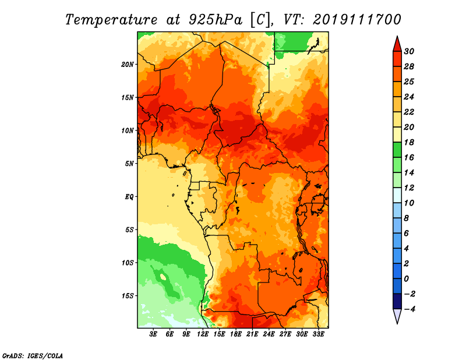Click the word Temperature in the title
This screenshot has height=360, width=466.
111,20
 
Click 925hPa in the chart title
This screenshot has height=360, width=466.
216,20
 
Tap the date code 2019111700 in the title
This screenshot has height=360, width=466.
357,19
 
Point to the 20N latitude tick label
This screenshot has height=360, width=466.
127,64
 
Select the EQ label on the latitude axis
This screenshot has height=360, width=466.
129,197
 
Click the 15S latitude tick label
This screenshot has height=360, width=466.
127,295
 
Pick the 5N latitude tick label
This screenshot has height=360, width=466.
129,164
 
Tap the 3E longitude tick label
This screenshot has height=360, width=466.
153,334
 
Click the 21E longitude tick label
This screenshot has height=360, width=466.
252,334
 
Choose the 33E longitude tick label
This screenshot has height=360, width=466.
318,334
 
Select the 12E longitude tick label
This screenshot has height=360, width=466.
202,334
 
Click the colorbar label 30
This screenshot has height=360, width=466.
409,51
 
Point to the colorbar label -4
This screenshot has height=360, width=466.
409,309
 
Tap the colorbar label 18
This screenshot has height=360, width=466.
409,142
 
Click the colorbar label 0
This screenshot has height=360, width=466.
406,279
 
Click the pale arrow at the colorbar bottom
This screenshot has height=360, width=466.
397,316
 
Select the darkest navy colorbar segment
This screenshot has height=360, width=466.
397,301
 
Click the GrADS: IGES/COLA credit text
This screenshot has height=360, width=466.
33,355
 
